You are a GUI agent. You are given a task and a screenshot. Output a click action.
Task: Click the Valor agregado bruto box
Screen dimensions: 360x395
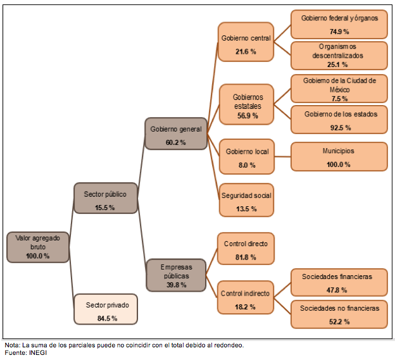(37, 247)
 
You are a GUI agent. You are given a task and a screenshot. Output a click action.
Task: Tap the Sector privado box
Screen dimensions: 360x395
(106, 309)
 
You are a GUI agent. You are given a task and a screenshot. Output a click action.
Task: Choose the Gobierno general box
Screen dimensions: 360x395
(175, 133)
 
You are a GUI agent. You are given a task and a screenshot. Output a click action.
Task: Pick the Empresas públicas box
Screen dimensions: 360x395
(175, 275)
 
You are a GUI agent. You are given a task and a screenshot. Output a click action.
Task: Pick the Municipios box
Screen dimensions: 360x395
(339, 157)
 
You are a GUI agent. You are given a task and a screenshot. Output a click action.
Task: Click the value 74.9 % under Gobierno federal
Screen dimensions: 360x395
(339, 32)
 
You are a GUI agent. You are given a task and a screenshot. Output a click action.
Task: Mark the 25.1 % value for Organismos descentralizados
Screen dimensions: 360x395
(339, 65)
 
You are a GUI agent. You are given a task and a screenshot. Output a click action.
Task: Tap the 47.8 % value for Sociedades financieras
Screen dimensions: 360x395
(339, 290)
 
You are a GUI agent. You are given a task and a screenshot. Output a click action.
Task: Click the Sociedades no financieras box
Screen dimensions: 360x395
(339, 314)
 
